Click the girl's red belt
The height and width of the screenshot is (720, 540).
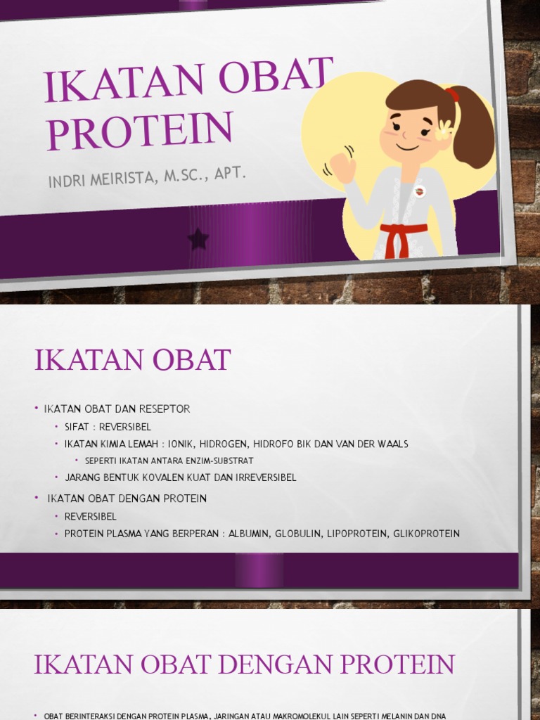point(403,235)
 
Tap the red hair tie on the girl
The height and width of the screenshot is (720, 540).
point(451,94)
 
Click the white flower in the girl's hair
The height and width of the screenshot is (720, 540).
point(443,131)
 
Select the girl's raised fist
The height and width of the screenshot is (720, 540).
point(342,167)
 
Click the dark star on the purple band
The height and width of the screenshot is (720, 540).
point(198,240)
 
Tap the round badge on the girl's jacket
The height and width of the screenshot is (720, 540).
point(420,191)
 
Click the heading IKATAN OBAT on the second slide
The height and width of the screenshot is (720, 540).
point(132,360)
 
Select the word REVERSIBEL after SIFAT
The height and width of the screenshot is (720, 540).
point(127,427)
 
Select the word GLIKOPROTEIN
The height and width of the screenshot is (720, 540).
point(426,534)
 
